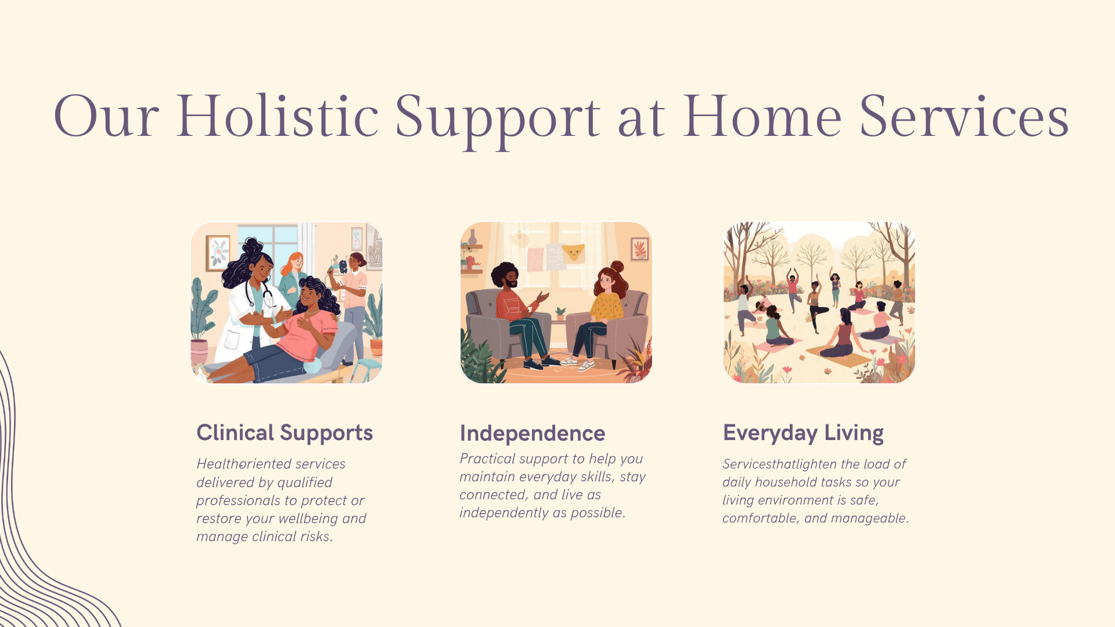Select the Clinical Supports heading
click(x=285, y=433)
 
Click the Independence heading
click(x=533, y=433)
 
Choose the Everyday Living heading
click(x=803, y=433)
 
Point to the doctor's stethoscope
click(x=259, y=293)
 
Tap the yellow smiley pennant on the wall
click(x=573, y=253)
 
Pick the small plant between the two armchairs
click(x=560, y=314)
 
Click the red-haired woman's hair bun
click(x=617, y=267)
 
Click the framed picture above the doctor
click(x=218, y=253)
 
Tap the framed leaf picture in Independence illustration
click(x=639, y=248)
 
